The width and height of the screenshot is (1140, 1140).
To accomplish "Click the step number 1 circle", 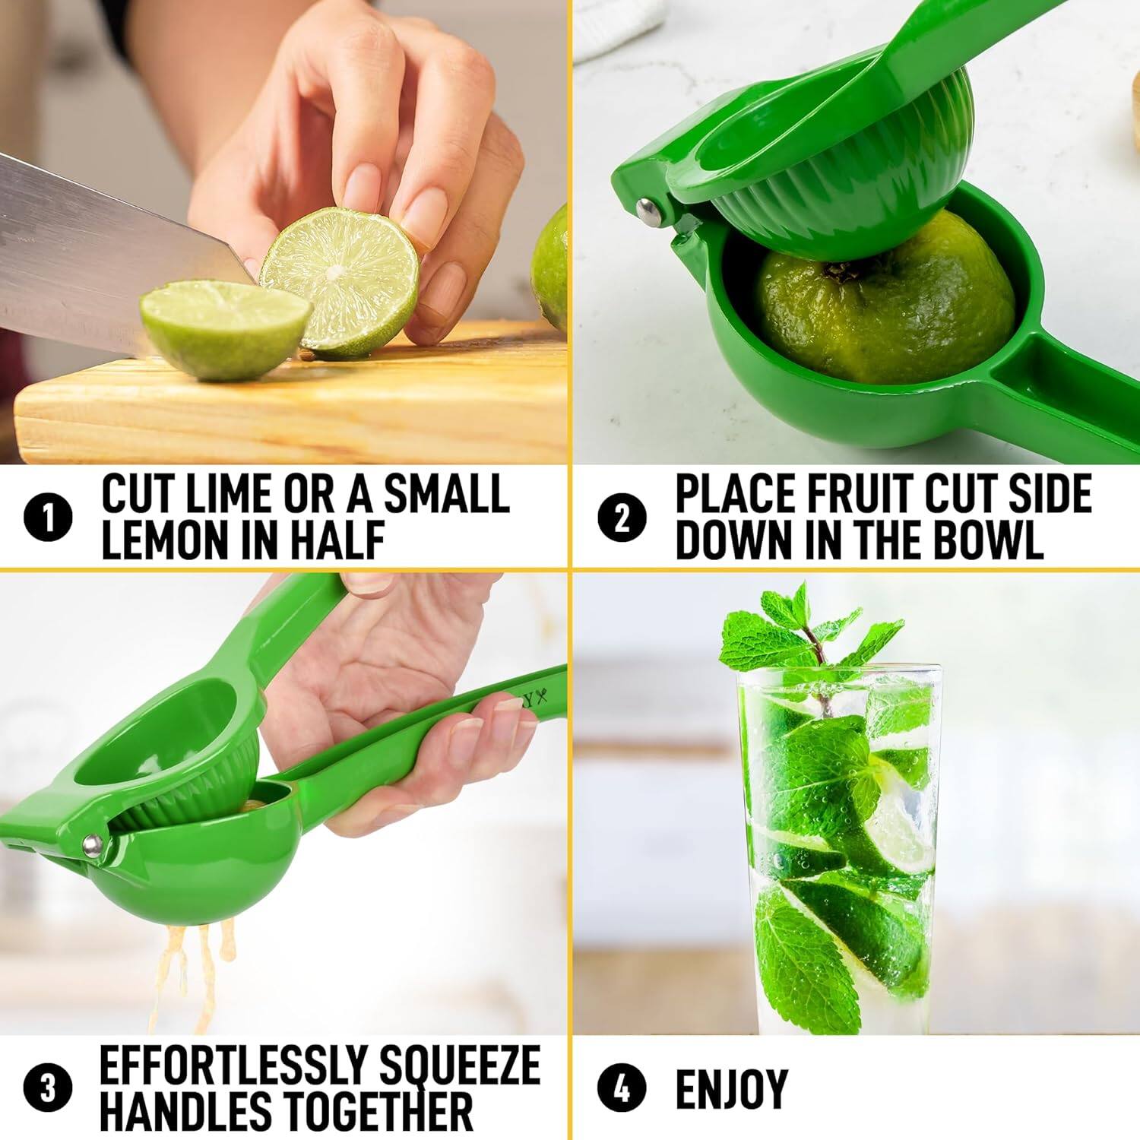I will (48, 518).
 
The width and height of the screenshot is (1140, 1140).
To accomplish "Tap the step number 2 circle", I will (622, 518).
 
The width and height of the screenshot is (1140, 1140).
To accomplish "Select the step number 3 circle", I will (48, 1088).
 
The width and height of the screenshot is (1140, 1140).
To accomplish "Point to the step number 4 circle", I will (622, 1088).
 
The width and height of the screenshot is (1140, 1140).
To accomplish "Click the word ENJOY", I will (731, 1088).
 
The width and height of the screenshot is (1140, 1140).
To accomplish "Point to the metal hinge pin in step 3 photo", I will (93, 844).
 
